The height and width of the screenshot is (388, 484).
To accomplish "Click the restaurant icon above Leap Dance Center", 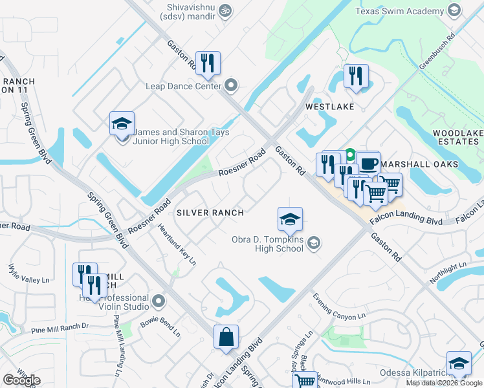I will (x=208, y=63).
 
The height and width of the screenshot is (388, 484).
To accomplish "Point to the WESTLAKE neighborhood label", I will (x=330, y=107).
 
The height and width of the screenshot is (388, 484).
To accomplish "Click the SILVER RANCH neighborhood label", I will (x=210, y=212).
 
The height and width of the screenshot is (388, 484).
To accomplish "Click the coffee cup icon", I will (x=368, y=164).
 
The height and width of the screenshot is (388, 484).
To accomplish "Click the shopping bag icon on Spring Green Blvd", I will (x=226, y=337).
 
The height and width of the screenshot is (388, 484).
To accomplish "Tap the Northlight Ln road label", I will (x=448, y=274).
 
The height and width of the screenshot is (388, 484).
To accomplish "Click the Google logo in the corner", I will (x=21, y=381).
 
